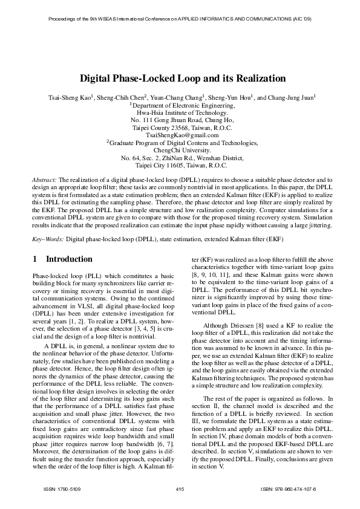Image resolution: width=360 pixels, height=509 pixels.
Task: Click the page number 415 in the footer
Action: point(180,488)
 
